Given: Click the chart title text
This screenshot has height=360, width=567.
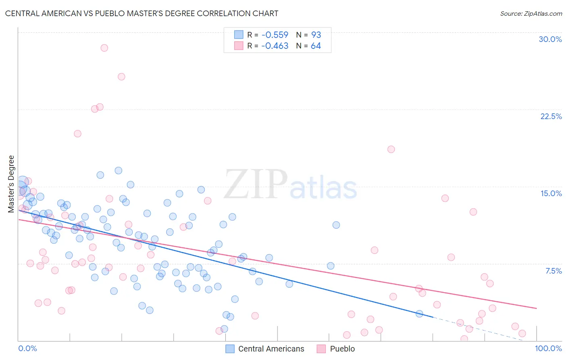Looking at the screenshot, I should [142, 13].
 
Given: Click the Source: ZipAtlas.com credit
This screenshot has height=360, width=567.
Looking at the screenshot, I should [531, 13].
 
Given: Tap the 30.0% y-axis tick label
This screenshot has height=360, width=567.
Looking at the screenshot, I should [550, 39].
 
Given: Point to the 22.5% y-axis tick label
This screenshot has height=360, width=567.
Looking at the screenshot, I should [551, 116].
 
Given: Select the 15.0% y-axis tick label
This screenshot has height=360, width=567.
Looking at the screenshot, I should [551, 193].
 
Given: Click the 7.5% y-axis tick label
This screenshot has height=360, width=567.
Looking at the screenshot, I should [553, 271].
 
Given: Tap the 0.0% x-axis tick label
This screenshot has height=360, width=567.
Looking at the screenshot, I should [27, 348].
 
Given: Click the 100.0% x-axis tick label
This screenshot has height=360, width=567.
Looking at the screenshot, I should [548, 348].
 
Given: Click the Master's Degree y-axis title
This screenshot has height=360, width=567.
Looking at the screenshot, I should [11, 184].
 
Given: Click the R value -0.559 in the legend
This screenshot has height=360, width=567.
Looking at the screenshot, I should [275, 35].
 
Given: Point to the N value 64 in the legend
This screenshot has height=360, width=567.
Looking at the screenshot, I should [316, 46].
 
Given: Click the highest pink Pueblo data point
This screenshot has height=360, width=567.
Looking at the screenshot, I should [104, 48].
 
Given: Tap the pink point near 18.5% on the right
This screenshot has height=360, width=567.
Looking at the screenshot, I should [391, 149].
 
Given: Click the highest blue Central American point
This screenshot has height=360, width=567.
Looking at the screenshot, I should [118, 171].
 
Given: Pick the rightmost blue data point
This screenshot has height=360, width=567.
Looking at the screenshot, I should [419, 314].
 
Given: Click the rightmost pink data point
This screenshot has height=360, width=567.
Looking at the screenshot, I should [522, 333].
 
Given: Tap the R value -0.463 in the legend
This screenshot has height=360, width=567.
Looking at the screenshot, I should [275, 46].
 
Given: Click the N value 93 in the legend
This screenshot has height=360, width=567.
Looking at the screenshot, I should [316, 35].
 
